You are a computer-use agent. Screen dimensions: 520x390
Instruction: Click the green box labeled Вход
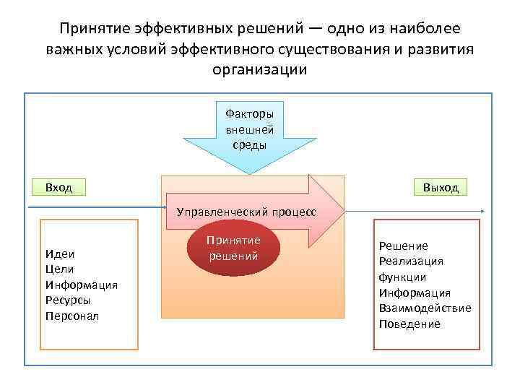[x=59, y=187]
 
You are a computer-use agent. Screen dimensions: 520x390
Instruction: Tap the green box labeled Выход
[x=441, y=187]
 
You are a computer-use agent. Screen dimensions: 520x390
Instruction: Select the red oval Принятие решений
[x=233, y=248]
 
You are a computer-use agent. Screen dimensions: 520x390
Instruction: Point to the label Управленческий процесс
[x=246, y=212]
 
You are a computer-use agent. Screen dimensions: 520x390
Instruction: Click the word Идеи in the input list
[x=60, y=253]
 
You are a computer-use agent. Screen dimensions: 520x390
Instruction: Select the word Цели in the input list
[x=59, y=269]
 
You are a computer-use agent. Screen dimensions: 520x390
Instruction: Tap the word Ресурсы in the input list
[x=68, y=300]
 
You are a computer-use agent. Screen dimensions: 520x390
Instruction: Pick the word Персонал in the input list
[x=71, y=316]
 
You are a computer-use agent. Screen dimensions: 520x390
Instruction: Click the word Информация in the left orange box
[x=81, y=285]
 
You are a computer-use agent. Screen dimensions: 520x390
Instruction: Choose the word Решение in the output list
[x=403, y=246]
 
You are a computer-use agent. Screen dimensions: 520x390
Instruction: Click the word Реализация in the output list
[x=411, y=261]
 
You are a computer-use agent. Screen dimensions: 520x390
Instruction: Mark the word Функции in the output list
[x=402, y=277]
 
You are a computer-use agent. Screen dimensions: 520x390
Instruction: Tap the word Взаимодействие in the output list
[x=425, y=308]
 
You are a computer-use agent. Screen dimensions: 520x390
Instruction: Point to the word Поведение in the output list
[x=409, y=324]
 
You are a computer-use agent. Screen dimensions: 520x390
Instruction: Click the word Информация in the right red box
[x=415, y=292]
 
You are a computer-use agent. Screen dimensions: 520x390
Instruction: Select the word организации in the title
[x=260, y=69]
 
